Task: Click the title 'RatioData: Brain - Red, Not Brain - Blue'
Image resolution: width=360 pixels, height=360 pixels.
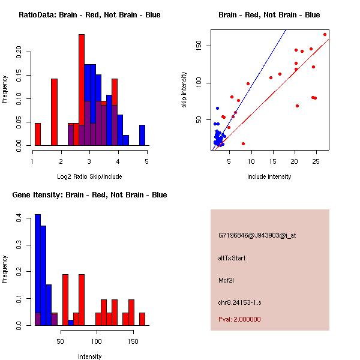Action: pyautogui.click(x=89, y=15)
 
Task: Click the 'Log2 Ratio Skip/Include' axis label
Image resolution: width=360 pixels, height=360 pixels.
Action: pyautogui.click(x=89, y=176)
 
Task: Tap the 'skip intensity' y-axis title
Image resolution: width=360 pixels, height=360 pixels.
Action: pyautogui.click(x=184, y=90)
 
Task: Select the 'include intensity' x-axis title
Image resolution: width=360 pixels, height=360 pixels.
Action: pyautogui.click(x=269, y=176)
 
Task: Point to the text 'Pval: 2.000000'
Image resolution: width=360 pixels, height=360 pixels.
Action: pyautogui.click(x=239, y=319)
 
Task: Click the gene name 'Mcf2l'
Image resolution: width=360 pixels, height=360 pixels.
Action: pyautogui.click(x=226, y=280)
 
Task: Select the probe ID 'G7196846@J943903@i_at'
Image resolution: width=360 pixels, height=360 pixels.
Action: pyautogui.click(x=257, y=235)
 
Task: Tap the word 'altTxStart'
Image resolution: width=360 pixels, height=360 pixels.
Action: pyautogui.click(x=232, y=258)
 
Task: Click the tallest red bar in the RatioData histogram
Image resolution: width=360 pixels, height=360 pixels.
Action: pyautogui.click(x=81, y=90)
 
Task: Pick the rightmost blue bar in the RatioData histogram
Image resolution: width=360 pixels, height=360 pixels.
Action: pyautogui.click(x=142, y=134)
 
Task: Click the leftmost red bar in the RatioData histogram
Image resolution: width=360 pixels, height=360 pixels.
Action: pyautogui.click(x=38, y=134)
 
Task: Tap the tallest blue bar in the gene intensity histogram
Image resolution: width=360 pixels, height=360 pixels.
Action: pyautogui.click(x=38, y=269)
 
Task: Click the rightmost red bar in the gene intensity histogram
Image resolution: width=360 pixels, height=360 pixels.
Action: pyautogui.click(x=142, y=319)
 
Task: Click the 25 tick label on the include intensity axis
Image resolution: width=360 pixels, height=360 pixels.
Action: pyautogui.click(x=316, y=162)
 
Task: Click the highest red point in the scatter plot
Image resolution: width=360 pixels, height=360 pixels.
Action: pyautogui.click(x=325, y=34)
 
